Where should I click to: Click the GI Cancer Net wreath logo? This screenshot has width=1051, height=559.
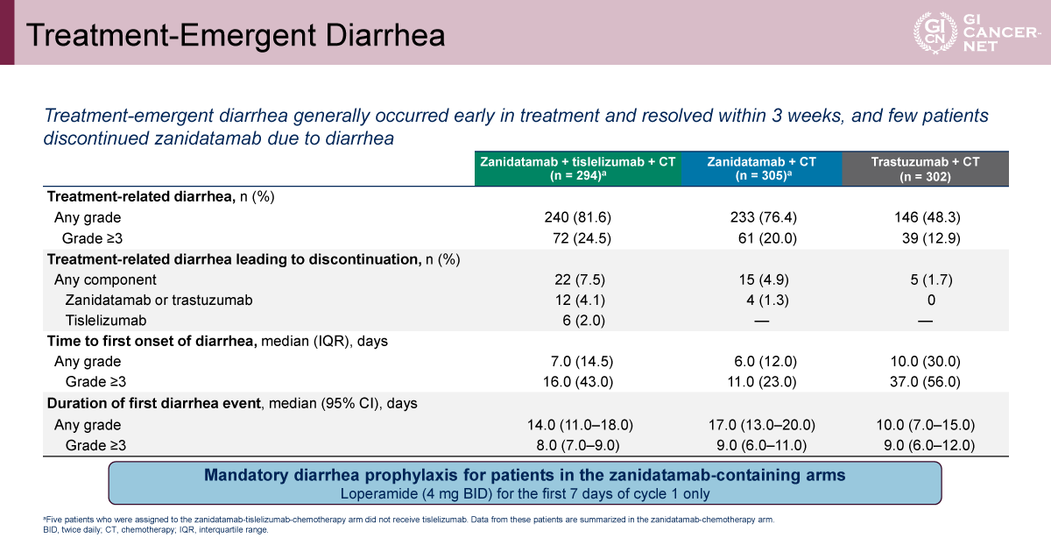[935, 32]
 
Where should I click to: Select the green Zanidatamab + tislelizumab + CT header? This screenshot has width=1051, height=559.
[577, 168]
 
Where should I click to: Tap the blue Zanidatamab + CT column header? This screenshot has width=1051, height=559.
[761, 168]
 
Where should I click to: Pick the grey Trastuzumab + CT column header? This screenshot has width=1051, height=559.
[925, 168]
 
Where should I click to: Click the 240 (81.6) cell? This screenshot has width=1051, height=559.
[577, 217]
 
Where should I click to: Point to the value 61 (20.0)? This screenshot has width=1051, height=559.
[767, 238]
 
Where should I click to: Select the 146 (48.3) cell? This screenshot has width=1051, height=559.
[928, 217]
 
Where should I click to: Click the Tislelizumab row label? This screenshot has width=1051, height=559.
[106, 320]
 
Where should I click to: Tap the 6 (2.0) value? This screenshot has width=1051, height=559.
[583, 320]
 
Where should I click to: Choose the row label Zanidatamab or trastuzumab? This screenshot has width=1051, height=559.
[159, 300]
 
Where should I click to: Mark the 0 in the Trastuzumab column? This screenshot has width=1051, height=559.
[931, 300]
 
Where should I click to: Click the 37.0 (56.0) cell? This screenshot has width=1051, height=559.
[925, 382]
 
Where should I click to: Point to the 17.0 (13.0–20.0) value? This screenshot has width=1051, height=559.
[761, 425]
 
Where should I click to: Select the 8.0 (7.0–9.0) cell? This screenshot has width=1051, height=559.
[577, 445]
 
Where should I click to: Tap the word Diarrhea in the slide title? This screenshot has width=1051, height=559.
[384, 35]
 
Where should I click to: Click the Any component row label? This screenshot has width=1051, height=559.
[105, 279]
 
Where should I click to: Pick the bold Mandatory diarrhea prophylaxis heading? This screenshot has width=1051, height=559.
[525, 475]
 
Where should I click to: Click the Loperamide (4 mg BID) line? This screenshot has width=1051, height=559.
[525, 494]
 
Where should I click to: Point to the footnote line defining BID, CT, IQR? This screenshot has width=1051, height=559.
[156, 530]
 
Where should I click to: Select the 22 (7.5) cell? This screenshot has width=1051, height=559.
[580, 279]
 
